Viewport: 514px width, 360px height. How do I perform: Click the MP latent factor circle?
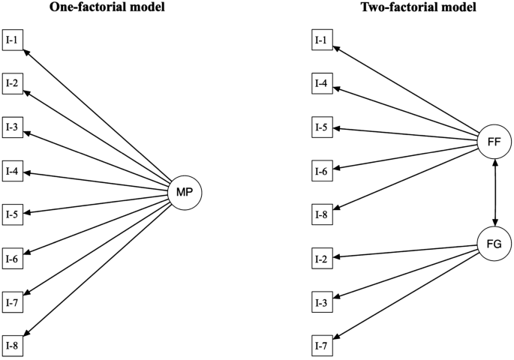click(185, 193)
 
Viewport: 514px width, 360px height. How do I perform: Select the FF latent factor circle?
click(494, 140)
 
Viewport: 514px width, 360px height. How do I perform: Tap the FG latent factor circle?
click(494, 244)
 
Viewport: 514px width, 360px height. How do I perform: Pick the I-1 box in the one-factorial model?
click(14, 40)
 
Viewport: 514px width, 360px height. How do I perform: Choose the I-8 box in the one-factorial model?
click(14, 346)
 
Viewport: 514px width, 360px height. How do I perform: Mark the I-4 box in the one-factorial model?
click(14, 171)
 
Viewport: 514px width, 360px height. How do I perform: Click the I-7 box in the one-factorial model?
click(14, 302)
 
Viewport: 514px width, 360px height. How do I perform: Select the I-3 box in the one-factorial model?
click(14, 127)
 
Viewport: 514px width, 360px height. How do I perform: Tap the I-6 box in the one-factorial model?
click(14, 259)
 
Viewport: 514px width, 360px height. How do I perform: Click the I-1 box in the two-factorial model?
click(321, 40)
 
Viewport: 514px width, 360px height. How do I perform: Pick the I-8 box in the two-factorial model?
click(321, 214)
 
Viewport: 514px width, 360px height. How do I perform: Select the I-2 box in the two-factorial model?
click(321, 259)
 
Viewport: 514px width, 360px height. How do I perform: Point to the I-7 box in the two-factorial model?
click(321, 346)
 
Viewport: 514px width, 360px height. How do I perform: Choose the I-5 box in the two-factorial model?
click(321, 127)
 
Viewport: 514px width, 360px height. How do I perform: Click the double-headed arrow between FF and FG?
click(494, 192)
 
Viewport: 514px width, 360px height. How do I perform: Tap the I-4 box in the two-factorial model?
click(321, 83)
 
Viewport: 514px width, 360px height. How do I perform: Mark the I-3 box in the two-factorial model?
click(321, 302)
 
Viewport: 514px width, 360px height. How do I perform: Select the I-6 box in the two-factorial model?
click(321, 171)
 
